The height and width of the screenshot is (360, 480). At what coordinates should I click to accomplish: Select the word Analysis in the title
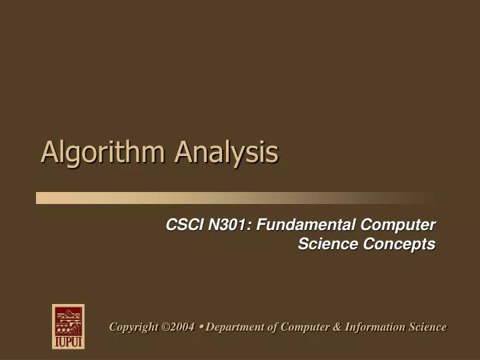pyautogui.click(x=227, y=152)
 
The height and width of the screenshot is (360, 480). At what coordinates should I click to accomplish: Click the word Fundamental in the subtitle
pyautogui.click(x=303, y=225)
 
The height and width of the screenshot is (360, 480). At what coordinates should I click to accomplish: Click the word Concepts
pyautogui.click(x=399, y=244)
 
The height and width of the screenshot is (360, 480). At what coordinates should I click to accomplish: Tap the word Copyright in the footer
pyautogui.click(x=133, y=327)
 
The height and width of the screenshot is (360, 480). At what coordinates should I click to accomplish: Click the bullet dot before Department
pyautogui.click(x=201, y=326)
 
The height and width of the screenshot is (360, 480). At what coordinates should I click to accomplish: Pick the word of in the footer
pyautogui.click(x=273, y=327)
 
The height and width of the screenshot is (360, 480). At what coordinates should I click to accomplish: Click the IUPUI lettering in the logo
pyautogui.click(x=68, y=341)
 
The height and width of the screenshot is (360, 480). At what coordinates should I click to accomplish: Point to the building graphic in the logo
pyautogui.click(x=68, y=321)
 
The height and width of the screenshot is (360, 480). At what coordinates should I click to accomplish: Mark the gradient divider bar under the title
pyautogui.click(x=233, y=197)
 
